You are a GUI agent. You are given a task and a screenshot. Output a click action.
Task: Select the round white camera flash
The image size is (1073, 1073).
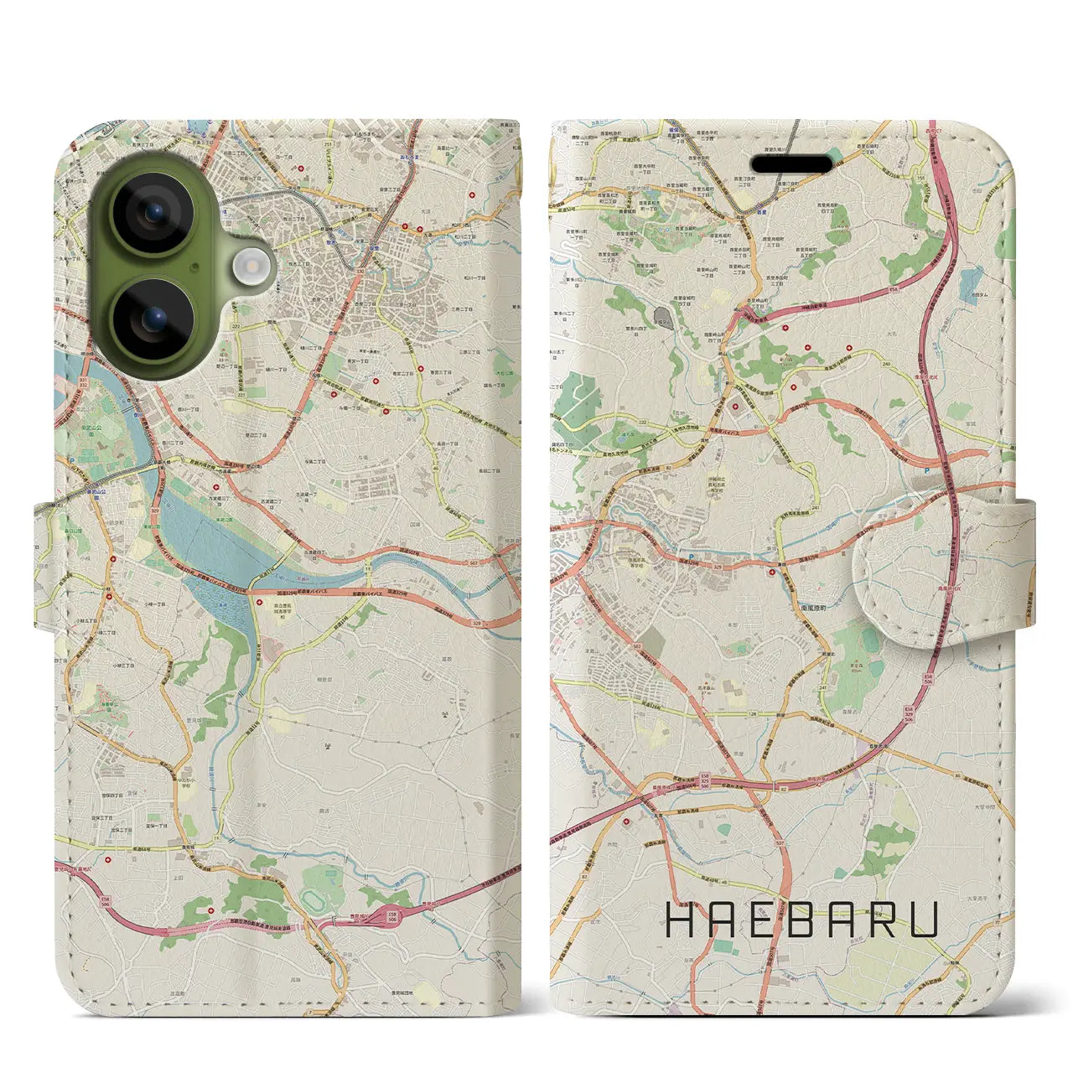click(x=251, y=267)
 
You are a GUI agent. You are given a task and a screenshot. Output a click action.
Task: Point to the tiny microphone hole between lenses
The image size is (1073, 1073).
click(x=195, y=267)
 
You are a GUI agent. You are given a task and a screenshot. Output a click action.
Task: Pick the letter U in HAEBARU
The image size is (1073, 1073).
click(x=923, y=920)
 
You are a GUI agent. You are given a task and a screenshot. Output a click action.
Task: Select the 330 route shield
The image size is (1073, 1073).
click(x=360, y=271)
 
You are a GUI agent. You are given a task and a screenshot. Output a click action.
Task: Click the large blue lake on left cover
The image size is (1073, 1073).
click(x=218, y=553)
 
